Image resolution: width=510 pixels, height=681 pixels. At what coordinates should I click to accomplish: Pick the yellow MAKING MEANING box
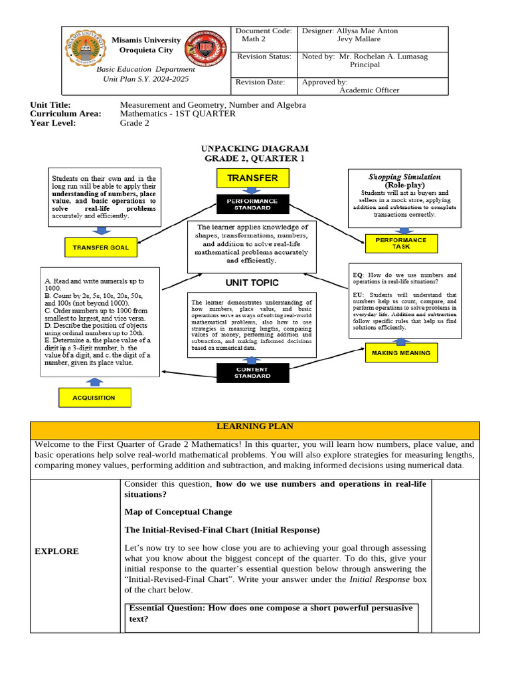(x=401, y=352)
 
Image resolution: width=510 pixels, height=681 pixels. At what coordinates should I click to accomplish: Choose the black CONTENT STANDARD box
(x=252, y=372)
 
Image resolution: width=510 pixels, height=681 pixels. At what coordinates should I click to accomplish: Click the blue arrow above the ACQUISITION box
(x=95, y=381)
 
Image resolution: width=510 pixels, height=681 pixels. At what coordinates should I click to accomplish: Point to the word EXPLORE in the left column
(x=56, y=551)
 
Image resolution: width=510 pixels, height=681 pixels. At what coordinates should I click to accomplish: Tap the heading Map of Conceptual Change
(x=178, y=511)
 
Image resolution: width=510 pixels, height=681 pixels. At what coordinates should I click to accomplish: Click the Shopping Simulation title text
(x=405, y=177)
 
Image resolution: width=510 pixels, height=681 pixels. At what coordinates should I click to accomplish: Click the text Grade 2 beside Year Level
(x=134, y=123)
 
